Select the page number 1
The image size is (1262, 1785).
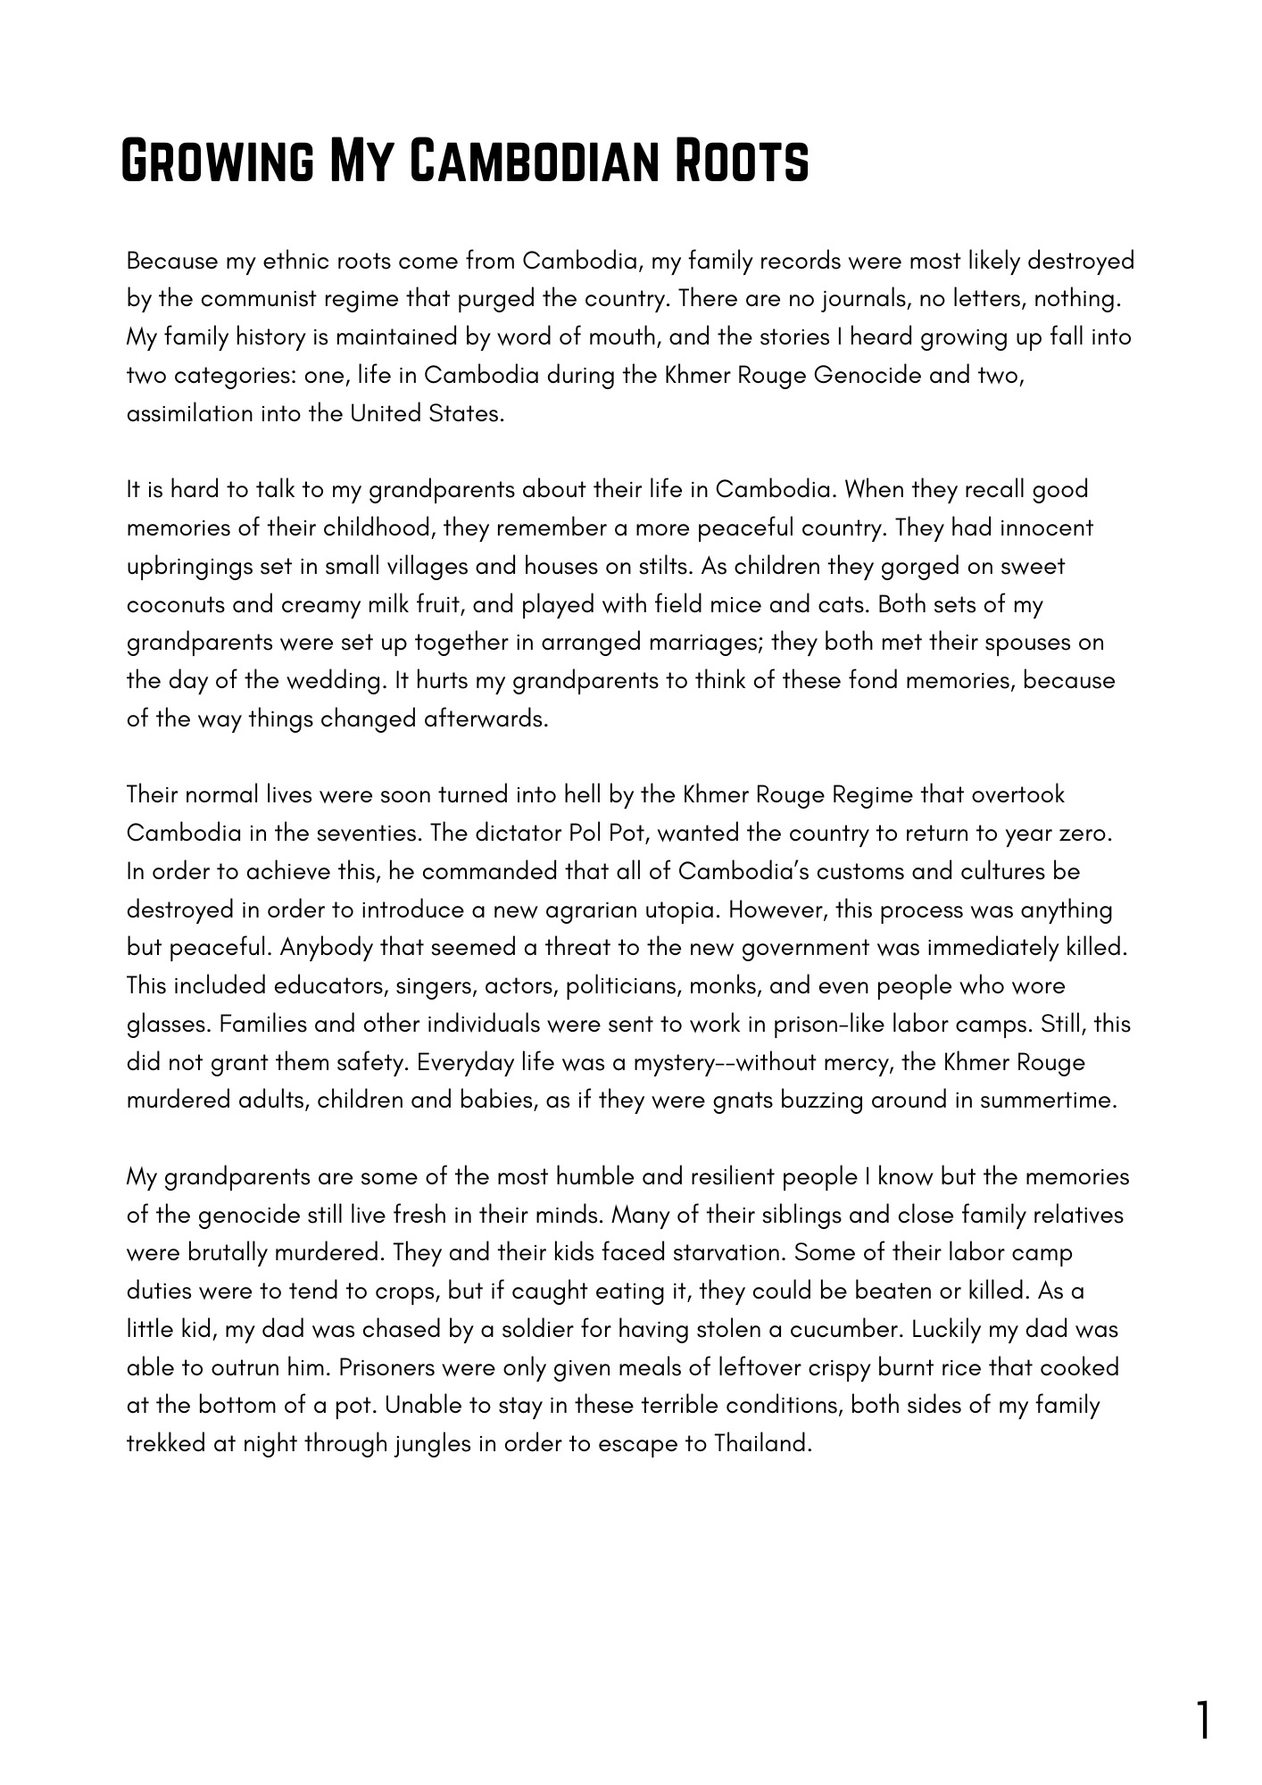1203,1721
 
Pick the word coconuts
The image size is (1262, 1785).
173,604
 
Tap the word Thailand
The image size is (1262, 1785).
762,1443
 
